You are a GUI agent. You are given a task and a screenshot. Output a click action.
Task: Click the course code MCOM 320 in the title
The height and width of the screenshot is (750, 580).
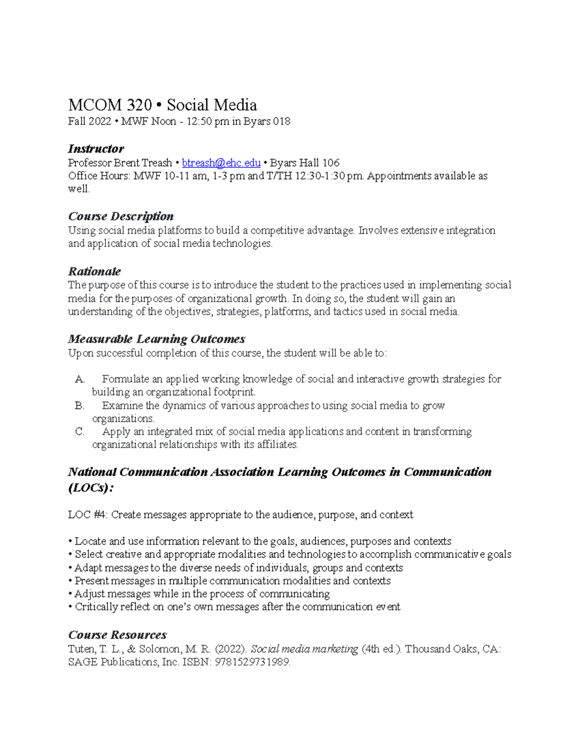click(x=110, y=105)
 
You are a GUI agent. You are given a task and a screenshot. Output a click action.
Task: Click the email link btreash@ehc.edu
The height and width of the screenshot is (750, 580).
click(x=221, y=163)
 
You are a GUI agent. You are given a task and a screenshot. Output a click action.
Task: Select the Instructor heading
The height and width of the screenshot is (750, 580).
click(x=96, y=148)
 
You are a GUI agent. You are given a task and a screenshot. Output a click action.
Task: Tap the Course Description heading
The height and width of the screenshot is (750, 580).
click(x=120, y=216)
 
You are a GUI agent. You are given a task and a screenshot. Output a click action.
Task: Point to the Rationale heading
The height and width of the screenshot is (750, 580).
click(x=94, y=271)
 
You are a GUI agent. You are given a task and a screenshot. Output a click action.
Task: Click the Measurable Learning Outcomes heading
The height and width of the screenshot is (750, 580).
click(x=156, y=339)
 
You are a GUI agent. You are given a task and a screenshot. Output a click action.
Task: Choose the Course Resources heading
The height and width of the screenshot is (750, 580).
click(x=117, y=635)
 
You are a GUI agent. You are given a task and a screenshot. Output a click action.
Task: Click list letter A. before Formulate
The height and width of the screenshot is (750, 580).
click(x=80, y=379)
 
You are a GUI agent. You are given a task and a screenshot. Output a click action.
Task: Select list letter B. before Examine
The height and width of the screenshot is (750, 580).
click(x=80, y=406)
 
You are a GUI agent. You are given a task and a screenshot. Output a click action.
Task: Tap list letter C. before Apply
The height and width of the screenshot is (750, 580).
click(x=80, y=432)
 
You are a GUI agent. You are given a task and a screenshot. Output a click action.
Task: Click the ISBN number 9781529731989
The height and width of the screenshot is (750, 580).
click(x=251, y=662)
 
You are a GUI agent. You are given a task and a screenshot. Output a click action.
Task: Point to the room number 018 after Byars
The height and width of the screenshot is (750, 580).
click(x=281, y=121)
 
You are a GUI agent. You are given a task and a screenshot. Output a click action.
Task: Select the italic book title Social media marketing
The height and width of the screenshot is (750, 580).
click(x=304, y=649)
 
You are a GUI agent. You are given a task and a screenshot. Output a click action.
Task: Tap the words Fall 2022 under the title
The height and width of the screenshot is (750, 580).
click(x=89, y=121)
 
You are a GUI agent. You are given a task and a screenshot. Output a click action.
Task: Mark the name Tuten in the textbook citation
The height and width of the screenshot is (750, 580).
click(x=82, y=649)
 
